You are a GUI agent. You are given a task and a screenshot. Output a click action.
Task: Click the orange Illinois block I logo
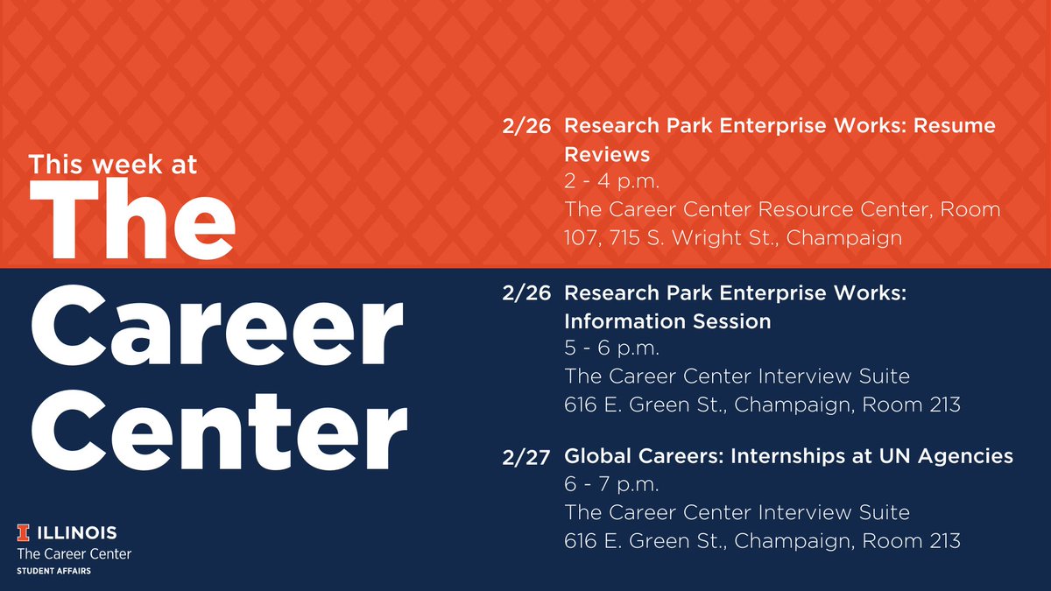pos(23,532)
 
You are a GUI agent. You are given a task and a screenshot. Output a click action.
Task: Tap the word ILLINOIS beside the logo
pos(77,533)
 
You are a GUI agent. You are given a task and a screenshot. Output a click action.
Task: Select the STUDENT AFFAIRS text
pos(54,571)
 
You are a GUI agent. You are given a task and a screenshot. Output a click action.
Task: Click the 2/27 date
pos(526,457)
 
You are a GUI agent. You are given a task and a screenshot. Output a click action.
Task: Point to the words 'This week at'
pos(113,165)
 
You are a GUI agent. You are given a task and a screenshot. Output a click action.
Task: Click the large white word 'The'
pos(132,219)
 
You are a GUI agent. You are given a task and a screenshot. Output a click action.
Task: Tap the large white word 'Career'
pos(217,326)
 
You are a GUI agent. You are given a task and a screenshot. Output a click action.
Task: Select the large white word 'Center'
pos(220,430)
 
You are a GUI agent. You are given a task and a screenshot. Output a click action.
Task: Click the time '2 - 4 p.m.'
pos(612,181)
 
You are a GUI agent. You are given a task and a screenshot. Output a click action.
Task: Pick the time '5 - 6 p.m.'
pos(612,348)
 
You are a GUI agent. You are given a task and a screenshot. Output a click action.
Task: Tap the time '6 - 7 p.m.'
pos(612,484)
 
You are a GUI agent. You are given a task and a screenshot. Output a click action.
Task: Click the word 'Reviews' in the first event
pos(607,154)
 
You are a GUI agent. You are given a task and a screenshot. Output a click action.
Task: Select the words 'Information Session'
pos(667,321)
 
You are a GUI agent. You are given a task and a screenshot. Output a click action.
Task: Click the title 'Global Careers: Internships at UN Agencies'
pos(789,456)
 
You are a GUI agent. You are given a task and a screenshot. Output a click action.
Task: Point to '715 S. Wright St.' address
pos(693,238)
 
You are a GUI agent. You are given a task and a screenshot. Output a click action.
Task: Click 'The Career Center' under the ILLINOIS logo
pos(74,554)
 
